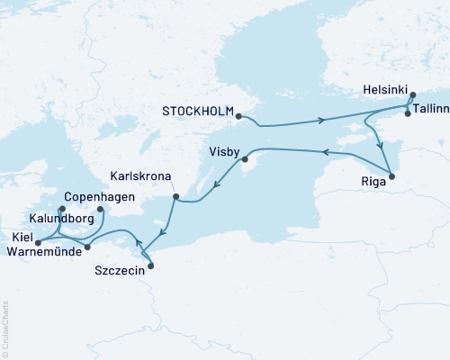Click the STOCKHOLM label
196,112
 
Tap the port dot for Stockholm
238,116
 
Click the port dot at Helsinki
411,95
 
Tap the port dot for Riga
391,175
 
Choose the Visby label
224,150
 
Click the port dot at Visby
243,160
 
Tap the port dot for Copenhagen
100,211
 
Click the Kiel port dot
38,243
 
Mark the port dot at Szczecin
150,265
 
